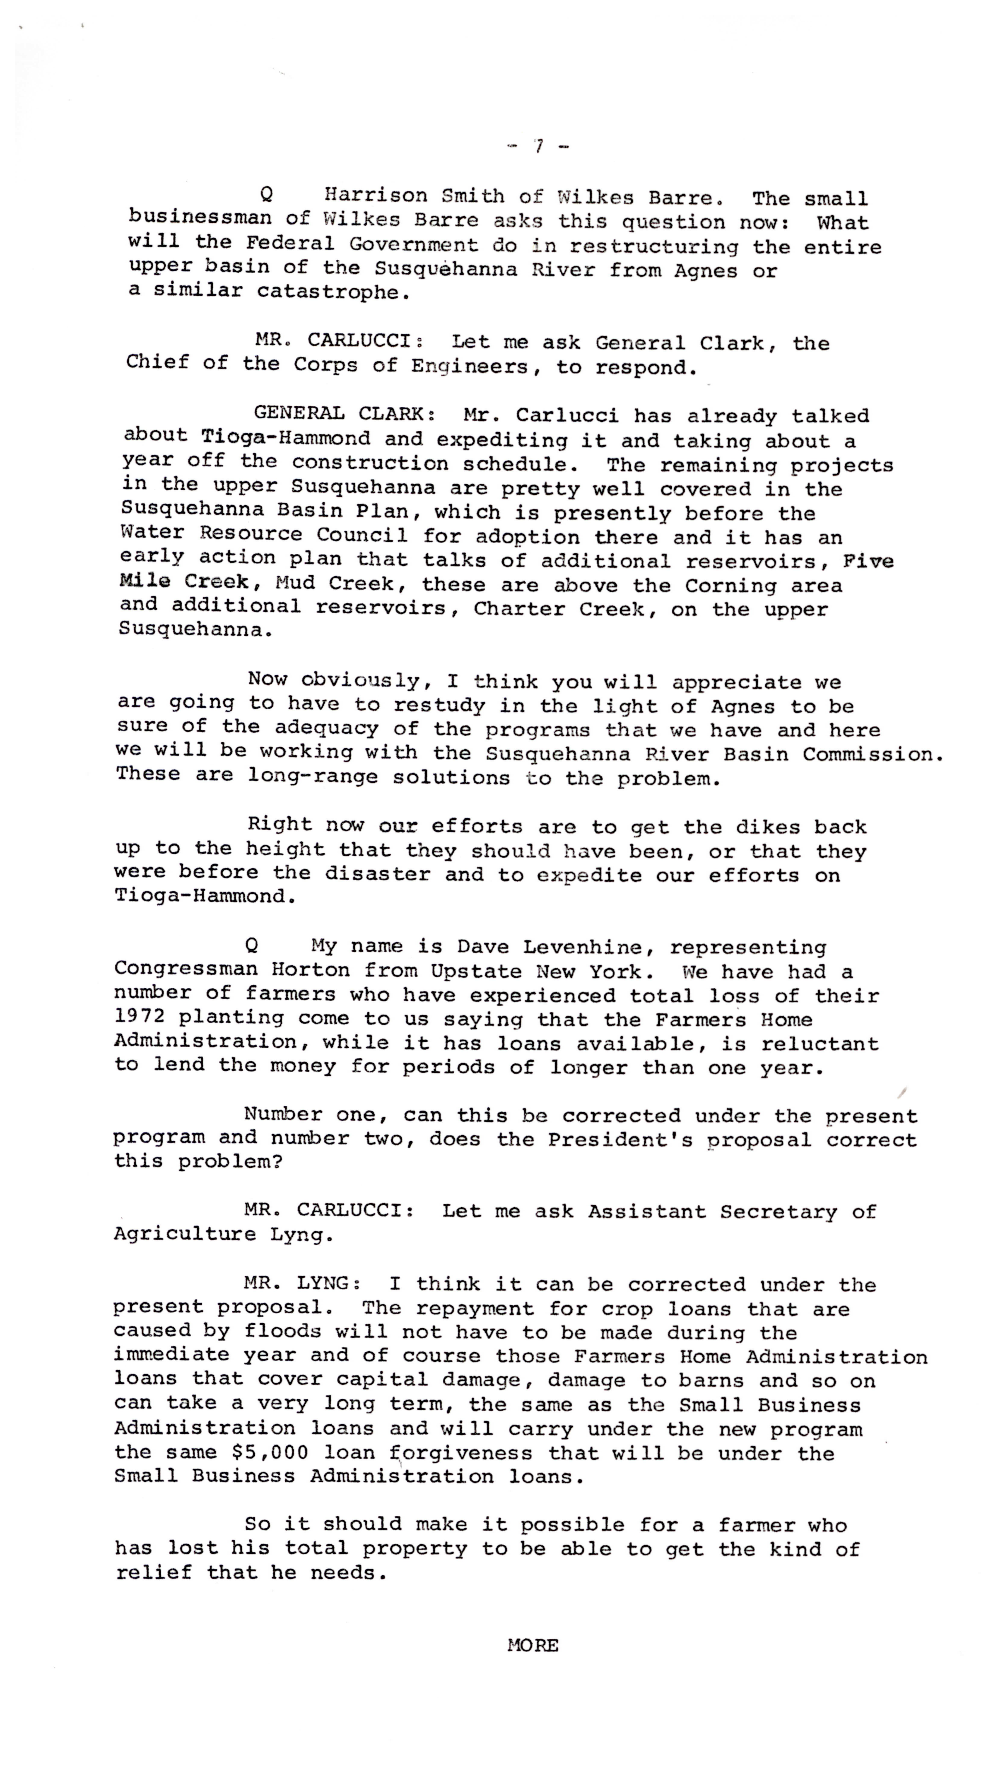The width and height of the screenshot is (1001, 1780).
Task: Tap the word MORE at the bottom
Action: [x=532, y=1645]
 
